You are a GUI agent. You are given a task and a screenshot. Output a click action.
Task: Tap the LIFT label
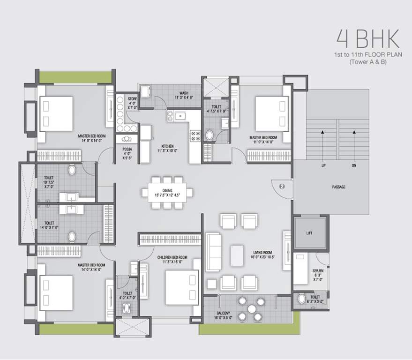pos(308,233)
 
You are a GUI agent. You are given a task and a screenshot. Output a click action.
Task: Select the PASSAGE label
pos(338,187)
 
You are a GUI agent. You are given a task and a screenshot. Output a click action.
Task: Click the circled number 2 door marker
pos(282,186)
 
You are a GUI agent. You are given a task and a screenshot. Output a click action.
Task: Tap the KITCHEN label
pos(167,146)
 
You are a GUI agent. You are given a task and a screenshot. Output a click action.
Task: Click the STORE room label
pos(133,99)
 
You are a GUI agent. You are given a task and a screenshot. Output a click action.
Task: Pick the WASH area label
pos(184,93)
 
